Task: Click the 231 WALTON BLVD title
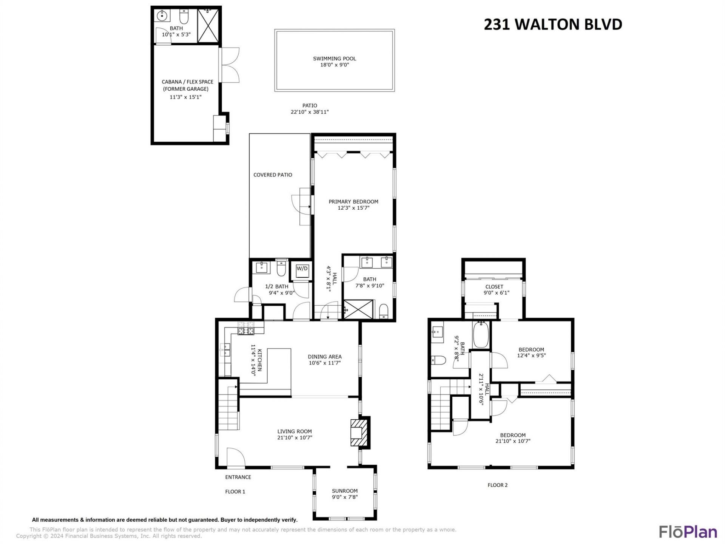(x=553, y=25)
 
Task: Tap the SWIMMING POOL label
(x=334, y=59)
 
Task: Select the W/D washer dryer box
(x=302, y=269)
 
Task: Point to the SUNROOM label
(x=344, y=491)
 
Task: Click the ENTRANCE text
(x=238, y=477)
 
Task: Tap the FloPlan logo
(x=688, y=532)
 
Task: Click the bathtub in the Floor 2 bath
(x=481, y=335)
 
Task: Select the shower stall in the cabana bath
(x=208, y=26)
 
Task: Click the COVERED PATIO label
(x=273, y=175)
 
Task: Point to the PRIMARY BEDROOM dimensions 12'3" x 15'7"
(x=353, y=208)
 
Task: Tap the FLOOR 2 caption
(x=497, y=485)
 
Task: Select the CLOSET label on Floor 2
(x=494, y=287)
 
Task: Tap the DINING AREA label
(x=324, y=357)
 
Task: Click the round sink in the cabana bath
(x=162, y=16)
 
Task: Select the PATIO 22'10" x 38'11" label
(x=310, y=109)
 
